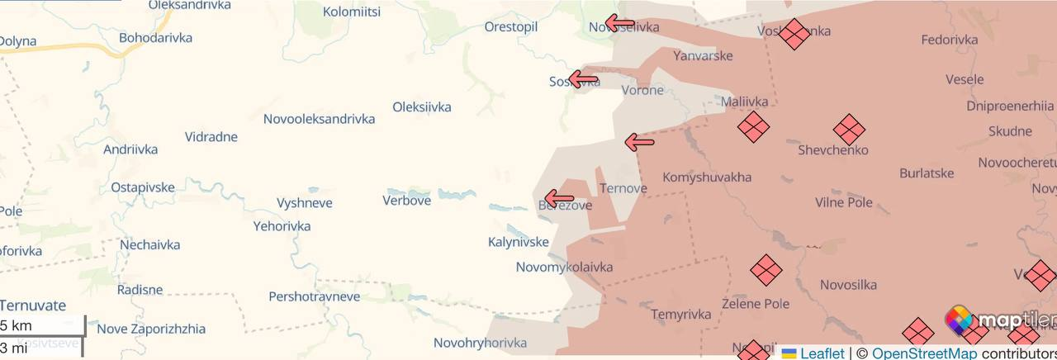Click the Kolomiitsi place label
click(x=352, y=12)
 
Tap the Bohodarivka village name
click(x=155, y=38)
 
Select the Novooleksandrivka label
click(x=319, y=119)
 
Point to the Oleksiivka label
click(x=421, y=107)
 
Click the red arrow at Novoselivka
click(x=619, y=22)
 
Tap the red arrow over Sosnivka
click(x=584, y=79)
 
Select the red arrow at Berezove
click(x=559, y=198)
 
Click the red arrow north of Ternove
click(x=639, y=142)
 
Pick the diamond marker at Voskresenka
click(x=794, y=34)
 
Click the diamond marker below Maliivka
click(x=753, y=127)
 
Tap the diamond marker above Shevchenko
click(x=849, y=130)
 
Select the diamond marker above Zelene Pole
click(x=765, y=270)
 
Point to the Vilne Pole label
click(x=843, y=203)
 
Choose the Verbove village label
click(x=406, y=201)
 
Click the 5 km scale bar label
click(x=15, y=324)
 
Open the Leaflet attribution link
click(x=822, y=353)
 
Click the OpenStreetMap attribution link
click(x=924, y=353)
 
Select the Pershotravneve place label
click(x=314, y=296)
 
